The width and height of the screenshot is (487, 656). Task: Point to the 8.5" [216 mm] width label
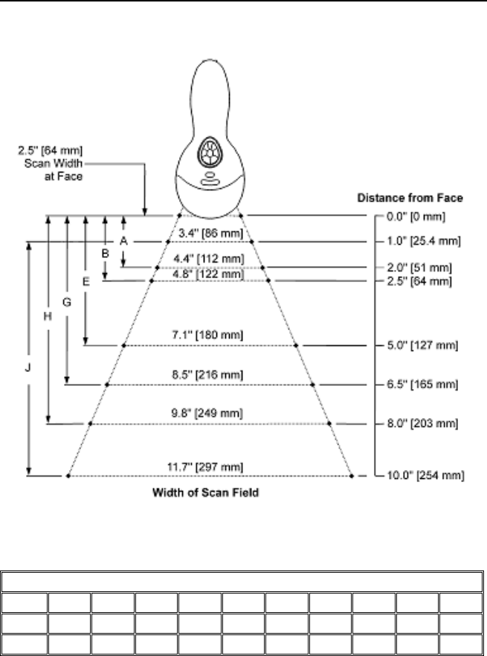tap(211, 376)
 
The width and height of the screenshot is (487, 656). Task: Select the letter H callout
tap(48, 316)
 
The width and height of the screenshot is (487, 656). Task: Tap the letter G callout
tap(67, 303)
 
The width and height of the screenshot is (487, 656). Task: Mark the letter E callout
tap(86, 282)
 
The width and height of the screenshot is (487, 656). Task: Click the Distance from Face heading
tap(410, 198)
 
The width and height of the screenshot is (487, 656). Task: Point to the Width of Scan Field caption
tap(206, 492)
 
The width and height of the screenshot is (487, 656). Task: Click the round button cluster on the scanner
tap(210, 152)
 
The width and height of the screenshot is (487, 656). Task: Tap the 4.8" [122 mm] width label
tap(212, 274)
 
